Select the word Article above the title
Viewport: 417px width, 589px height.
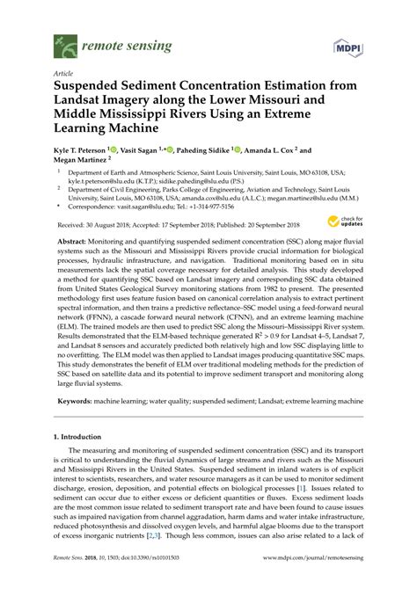click(63, 75)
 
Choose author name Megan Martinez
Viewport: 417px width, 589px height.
click(80, 161)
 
